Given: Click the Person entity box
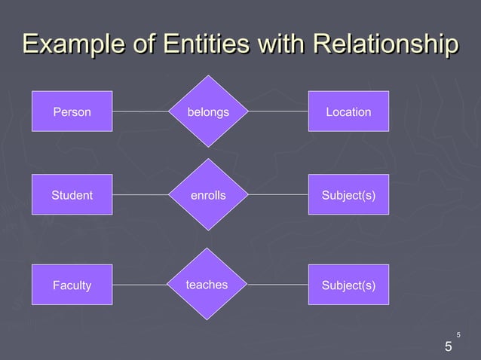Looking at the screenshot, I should pyautogui.click(x=72, y=111).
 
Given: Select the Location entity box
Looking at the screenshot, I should pyautogui.click(x=348, y=111).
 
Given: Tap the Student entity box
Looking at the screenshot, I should pyautogui.click(x=72, y=195).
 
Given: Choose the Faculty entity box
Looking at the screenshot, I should pyautogui.click(x=72, y=285).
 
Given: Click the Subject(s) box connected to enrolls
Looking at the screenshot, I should pyautogui.click(x=348, y=195).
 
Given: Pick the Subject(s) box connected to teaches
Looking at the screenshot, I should pyautogui.click(x=348, y=285).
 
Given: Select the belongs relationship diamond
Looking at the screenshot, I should pyautogui.click(x=208, y=111).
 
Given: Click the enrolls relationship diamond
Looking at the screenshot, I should pyautogui.click(x=208, y=195).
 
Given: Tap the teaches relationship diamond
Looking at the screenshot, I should pyautogui.click(x=208, y=285).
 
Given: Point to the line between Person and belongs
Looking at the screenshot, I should pyautogui.click(x=140, y=111).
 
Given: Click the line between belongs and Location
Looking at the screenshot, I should pyautogui.click(x=277, y=111).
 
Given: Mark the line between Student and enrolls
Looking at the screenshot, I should pyautogui.click(x=140, y=195).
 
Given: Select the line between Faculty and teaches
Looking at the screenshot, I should pyautogui.click(x=140, y=285).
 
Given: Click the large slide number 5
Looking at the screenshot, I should pyautogui.click(x=449, y=347).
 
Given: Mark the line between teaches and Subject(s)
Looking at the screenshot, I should pyautogui.click(x=277, y=285).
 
